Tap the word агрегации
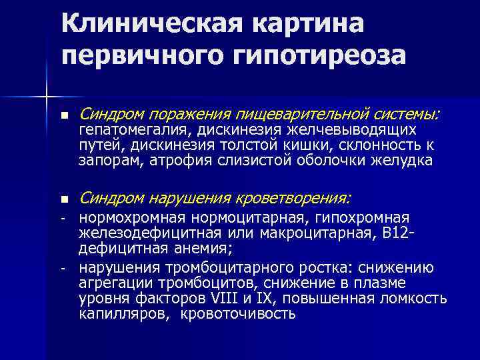(x=111, y=283)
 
